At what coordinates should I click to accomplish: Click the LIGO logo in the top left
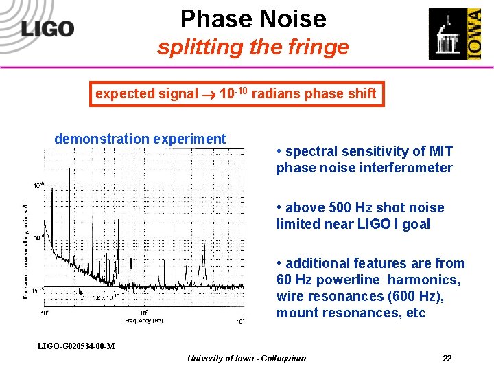(47, 28)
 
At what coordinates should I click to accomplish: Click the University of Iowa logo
(454, 34)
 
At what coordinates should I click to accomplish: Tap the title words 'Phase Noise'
(253, 19)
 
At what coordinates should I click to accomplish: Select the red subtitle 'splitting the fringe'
(252, 47)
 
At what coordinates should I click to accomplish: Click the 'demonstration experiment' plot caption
(140, 139)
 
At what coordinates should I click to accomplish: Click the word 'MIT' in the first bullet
(441, 151)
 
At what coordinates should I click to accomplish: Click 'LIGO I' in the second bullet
(380, 224)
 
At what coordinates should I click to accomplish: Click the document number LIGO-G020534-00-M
(76, 345)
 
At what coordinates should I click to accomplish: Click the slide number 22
(447, 358)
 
